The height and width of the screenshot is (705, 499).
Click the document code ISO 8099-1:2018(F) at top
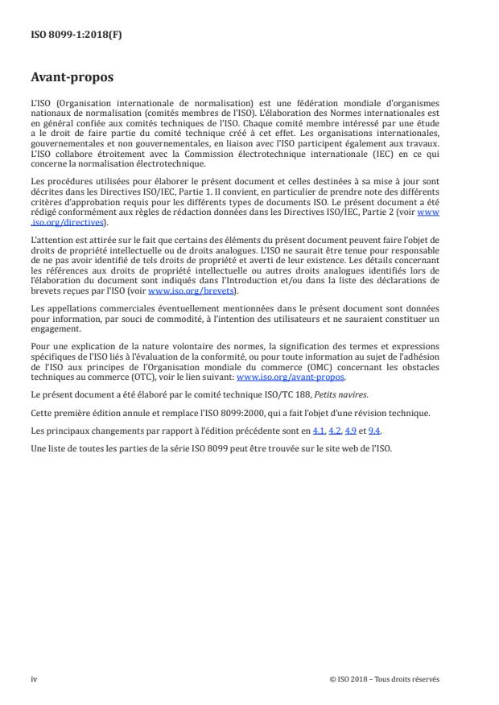pos(72,35)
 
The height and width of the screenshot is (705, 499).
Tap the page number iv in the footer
pos(34,678)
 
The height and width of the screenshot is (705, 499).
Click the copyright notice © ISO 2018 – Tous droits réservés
pos(385,678)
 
